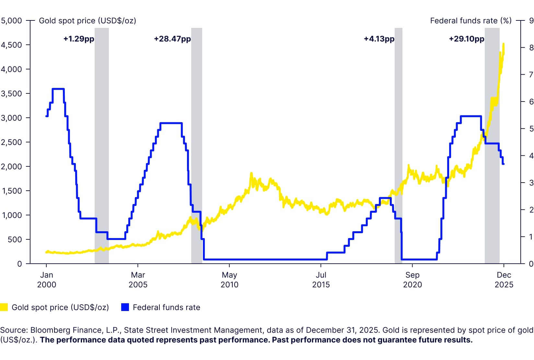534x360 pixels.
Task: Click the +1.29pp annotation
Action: point(79,39)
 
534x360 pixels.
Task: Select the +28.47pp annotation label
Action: point(172,39)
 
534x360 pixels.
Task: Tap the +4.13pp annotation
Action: point(379,39)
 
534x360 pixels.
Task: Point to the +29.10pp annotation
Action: point(466,39)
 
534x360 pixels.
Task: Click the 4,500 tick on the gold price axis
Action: point(11,45)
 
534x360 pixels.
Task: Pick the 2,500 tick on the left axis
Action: point(11,142)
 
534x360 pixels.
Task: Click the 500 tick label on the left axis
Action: point(15,240)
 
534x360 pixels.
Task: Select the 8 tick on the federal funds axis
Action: point(531,48)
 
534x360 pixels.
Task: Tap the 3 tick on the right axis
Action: point(531,183)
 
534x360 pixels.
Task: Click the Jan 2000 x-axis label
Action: point(47,280)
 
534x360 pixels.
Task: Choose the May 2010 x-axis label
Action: point(229,280)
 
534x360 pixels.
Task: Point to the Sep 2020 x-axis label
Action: point(412,280)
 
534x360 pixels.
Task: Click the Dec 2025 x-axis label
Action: point(504,280)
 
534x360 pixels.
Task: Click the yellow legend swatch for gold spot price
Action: point(4,307)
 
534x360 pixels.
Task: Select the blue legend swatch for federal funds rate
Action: point(125,307)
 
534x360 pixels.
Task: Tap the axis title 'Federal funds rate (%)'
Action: point(470,21)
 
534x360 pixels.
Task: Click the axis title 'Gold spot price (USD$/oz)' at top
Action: point(87,21)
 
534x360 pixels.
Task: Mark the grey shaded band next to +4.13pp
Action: point(398,146)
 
